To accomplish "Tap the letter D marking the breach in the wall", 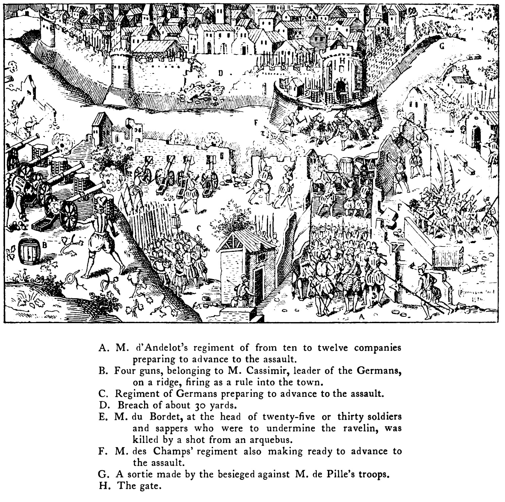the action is (x=221, y=73).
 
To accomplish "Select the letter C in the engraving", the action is (x=199, y=228).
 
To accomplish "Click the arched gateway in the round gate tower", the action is (x=341, y=85).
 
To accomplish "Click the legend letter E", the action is (x=103, y=417).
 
